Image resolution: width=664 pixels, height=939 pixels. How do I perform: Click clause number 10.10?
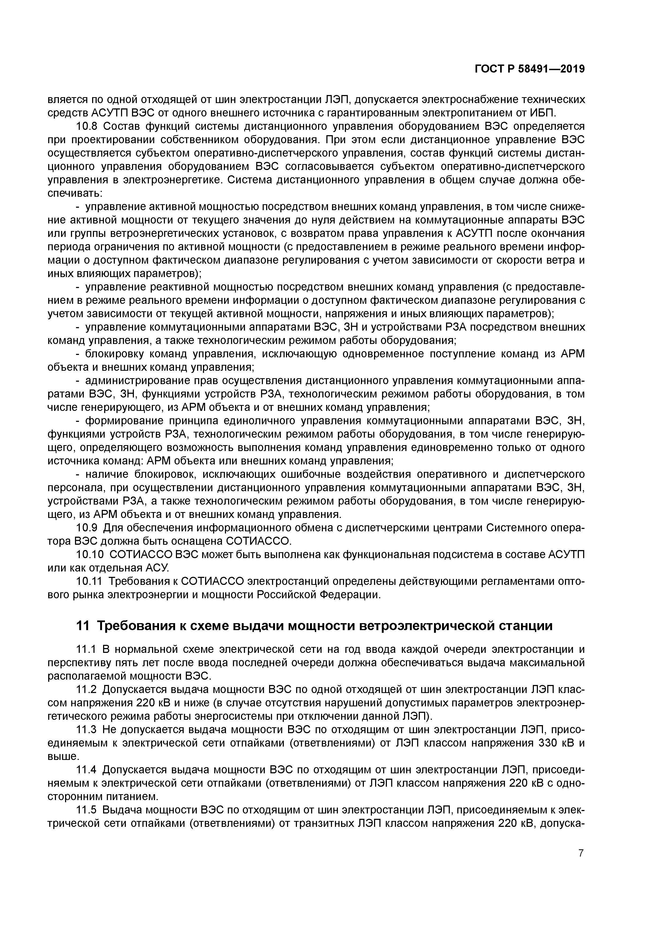coord(90,555)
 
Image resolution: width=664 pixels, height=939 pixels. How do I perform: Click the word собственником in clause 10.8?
coord(198,140)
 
